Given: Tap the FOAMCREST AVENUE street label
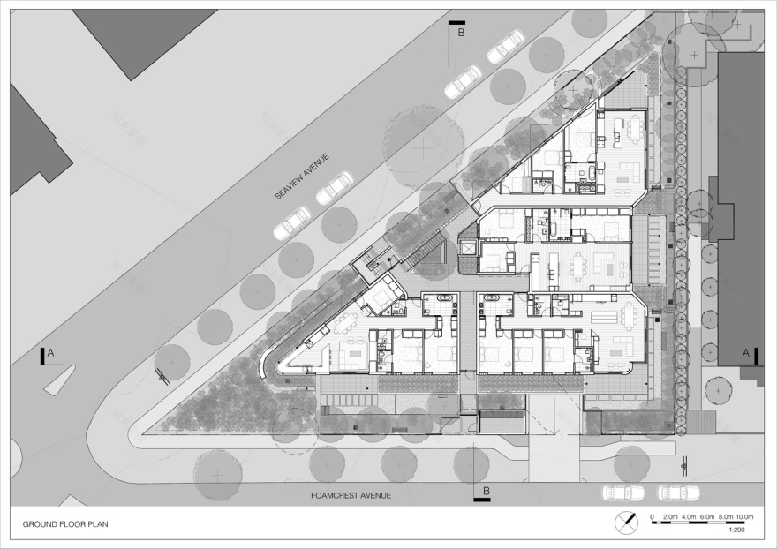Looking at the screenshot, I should tap(351, 496).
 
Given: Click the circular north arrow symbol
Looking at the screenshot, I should tap(628, 522).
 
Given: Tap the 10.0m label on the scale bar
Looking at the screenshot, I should tap(743, 515).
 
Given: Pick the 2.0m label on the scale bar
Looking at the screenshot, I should tap(669, 515).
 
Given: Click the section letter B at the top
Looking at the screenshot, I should tap(460, 33).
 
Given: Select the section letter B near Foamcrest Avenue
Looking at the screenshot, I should tap(485, 490).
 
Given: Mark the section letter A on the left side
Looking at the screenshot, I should tap(50, 353).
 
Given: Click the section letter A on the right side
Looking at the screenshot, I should tap(745, 353).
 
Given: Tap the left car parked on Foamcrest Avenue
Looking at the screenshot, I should tap(623, 493).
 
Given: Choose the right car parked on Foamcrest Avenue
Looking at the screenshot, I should tap(678, 493).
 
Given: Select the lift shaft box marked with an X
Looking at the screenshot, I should tap(467, 250).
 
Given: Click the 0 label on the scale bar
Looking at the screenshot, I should tap(652, 515).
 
